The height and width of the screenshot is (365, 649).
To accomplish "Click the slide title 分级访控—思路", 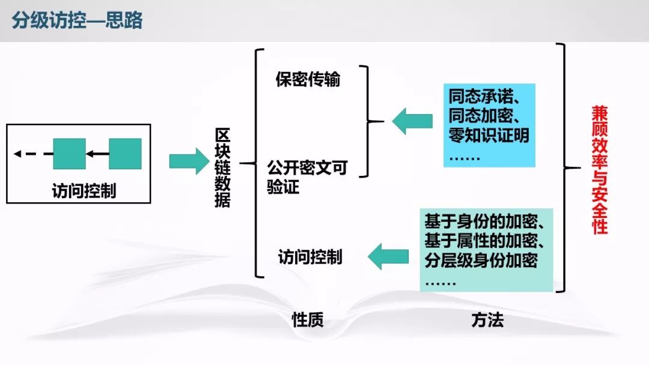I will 78,20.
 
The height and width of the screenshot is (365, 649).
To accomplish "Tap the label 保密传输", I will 308,80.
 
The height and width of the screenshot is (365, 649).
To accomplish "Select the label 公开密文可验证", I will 306,178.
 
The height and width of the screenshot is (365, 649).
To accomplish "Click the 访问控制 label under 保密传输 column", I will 310,258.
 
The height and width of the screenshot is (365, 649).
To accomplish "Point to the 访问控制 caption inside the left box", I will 84,192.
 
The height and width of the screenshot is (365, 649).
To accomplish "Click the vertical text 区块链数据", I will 222,168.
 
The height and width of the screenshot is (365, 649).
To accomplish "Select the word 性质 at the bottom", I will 308,320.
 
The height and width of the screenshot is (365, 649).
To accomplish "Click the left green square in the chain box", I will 69,154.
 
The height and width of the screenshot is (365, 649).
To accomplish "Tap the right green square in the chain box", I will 125,154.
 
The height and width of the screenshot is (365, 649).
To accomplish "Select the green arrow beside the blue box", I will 413,121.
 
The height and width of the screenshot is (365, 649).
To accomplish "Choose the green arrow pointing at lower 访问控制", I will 388,257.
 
